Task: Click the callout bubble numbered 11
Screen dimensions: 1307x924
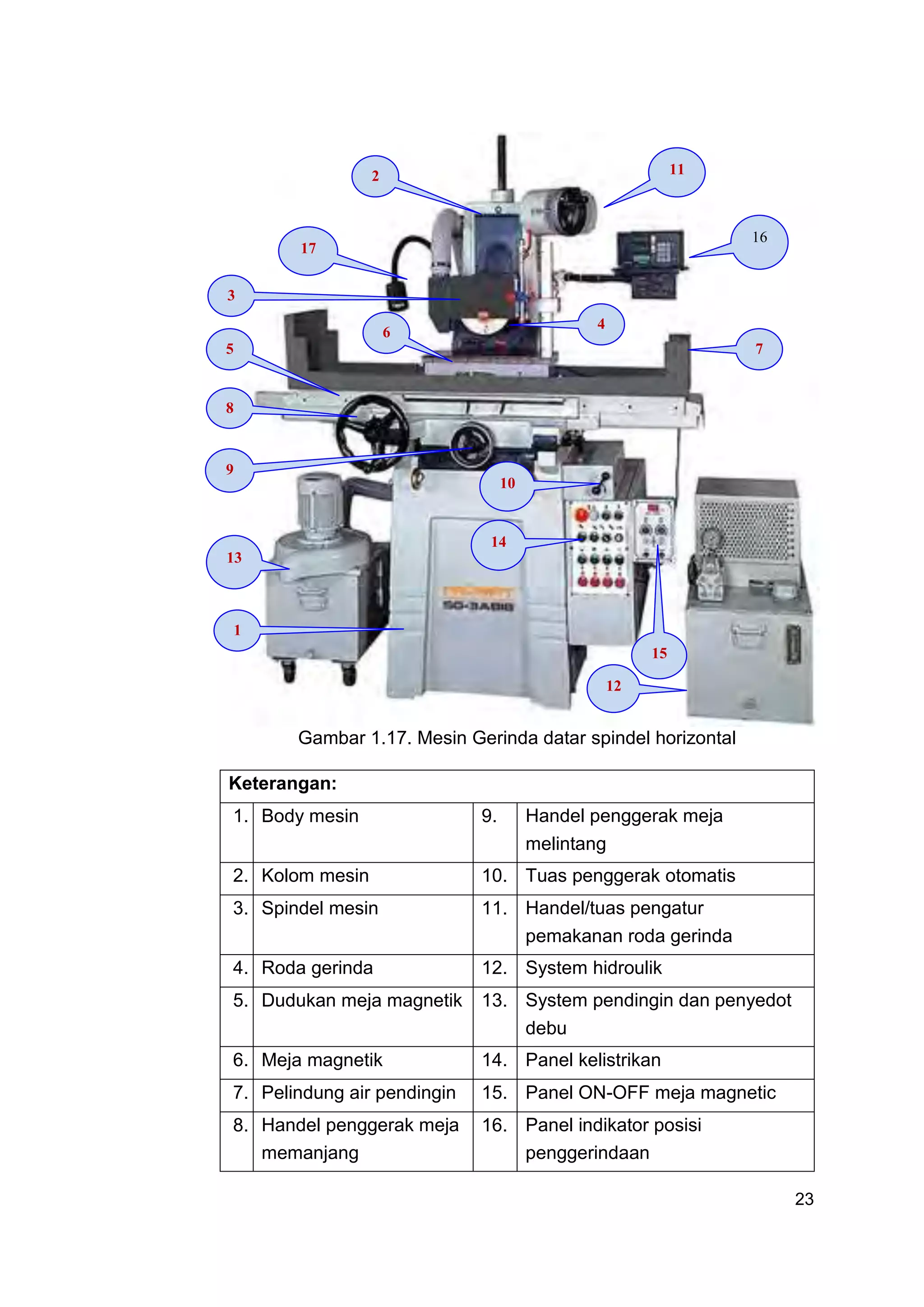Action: tap(676, 171)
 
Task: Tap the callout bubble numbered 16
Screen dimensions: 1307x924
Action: tap(759, 241)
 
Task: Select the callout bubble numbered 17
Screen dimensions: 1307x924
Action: tap(308, 250)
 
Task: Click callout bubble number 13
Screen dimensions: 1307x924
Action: tap(234, 561)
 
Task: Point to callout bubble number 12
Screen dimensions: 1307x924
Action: tap(613, 688)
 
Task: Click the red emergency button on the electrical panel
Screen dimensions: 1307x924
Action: tap(581, 515)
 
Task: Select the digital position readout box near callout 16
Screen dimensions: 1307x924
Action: tap(650, 250)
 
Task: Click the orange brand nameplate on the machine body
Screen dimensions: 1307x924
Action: tap(478, 592)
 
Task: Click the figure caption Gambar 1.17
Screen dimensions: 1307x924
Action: tap(517, 738)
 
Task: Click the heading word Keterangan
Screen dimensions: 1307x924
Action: tap(282, 784)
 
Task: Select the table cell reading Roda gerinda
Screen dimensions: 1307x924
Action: tap(317, 968)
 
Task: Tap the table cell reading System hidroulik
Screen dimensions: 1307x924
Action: tap(593, 968)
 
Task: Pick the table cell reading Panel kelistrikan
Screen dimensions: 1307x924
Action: tap(593, 1060)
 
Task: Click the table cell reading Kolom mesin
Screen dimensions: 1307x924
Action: tap(315, 876)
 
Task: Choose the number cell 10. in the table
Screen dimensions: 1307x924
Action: tap(494, 876)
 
